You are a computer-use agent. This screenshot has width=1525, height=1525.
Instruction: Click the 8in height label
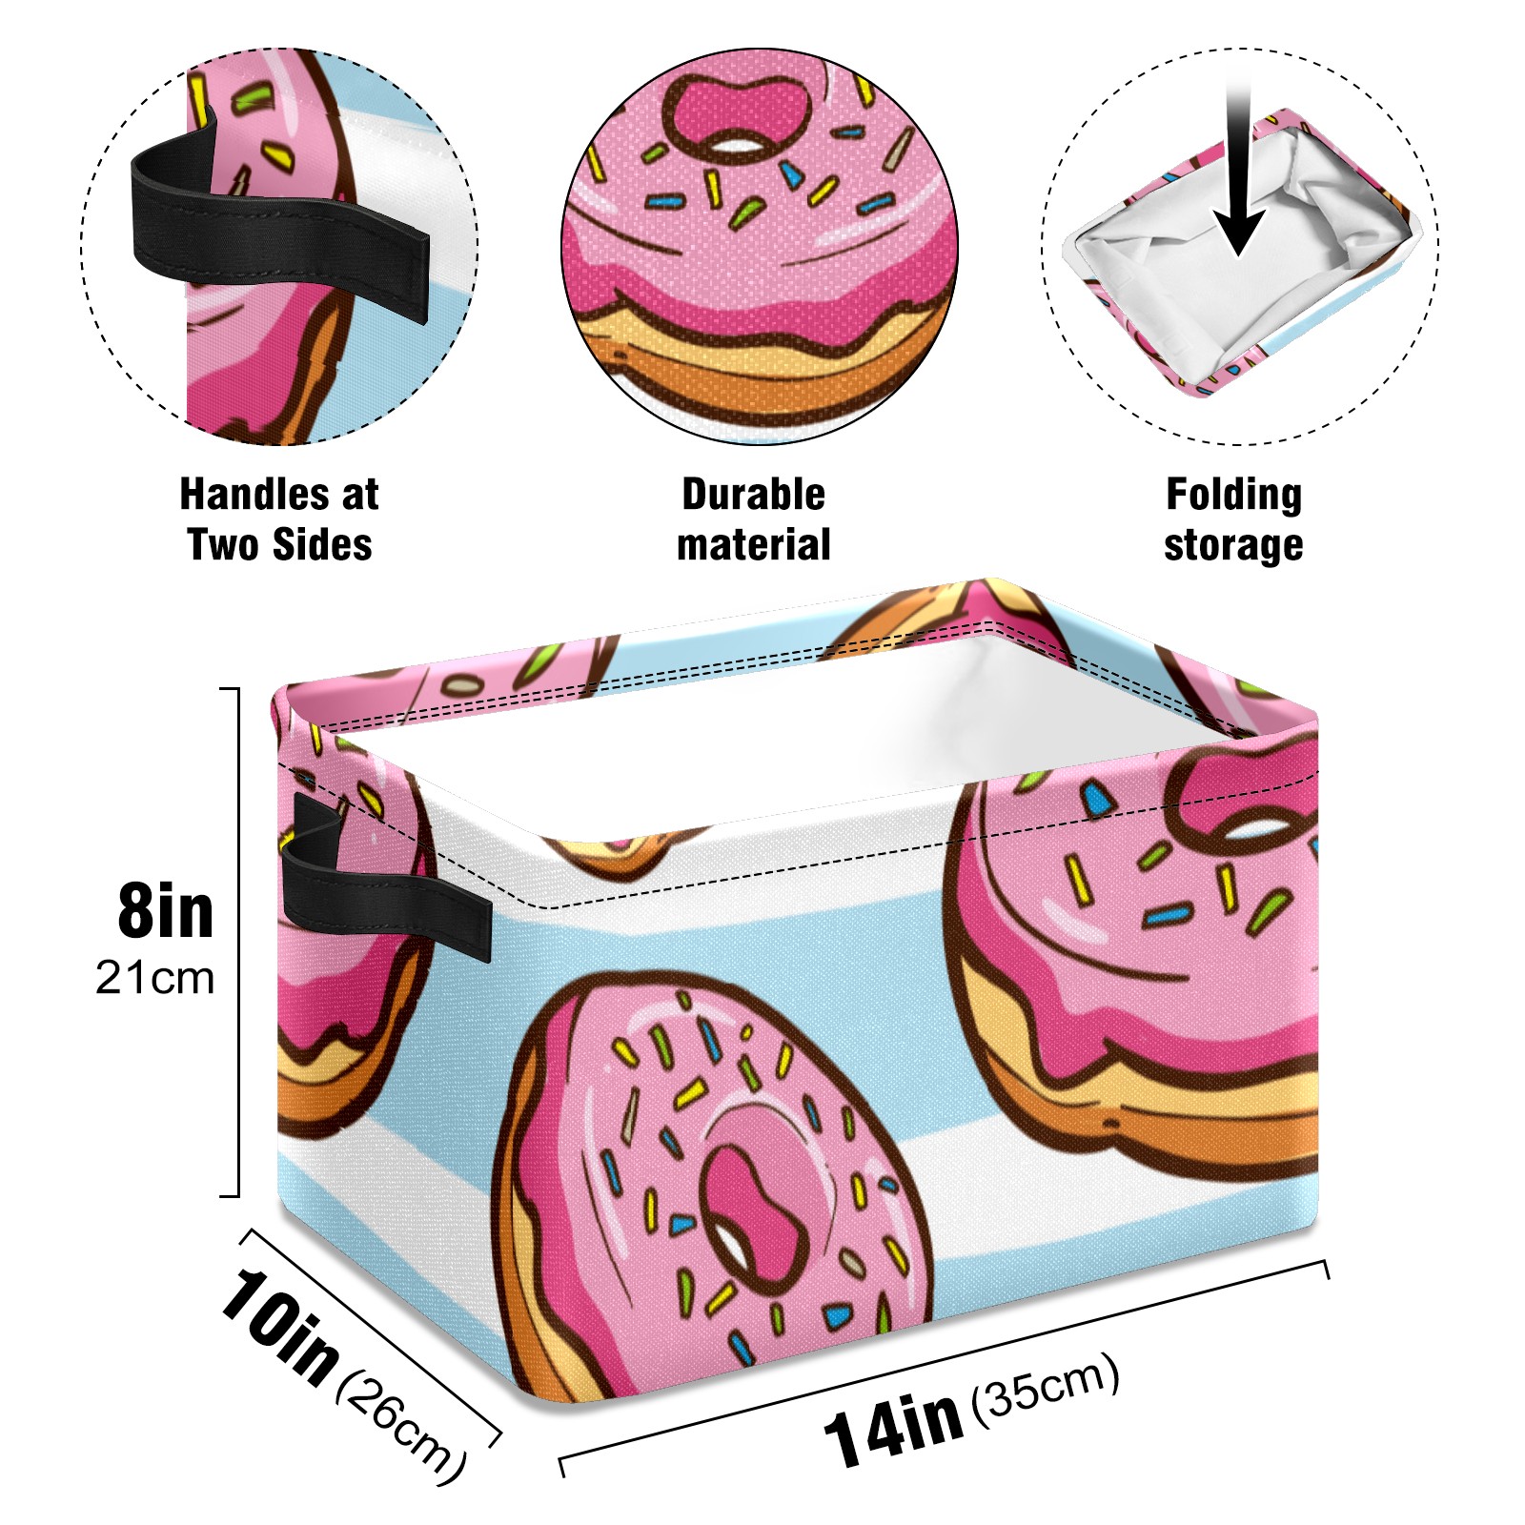pos(166,912)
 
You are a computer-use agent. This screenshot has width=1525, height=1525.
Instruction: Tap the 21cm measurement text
pos(155,978)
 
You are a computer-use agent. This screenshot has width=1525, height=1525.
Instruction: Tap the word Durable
pos(753,495)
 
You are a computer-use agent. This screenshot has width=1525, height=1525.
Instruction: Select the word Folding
pos(1233,495)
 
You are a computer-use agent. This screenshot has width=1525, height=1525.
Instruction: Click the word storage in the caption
pos(1233,545)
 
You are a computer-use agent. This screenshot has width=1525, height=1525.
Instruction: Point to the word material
pos(753,545)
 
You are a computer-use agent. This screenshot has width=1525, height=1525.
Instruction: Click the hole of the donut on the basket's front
pos(753,1215)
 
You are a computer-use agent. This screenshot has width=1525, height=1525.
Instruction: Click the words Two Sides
pos(279,545)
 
